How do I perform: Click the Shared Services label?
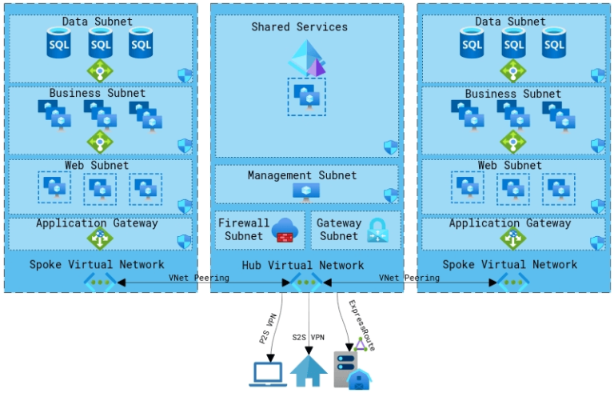[x=300, y=27]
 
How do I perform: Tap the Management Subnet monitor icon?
[x=305, y=191]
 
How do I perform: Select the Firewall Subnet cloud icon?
[x=285, y=230]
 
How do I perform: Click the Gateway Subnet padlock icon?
[x=377, y=230]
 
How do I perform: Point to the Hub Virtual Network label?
[x=303, y=265]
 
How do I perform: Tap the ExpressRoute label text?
[x=361, y=324]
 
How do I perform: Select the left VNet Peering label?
[x=198, y=278]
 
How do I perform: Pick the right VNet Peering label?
[x=409, y=278]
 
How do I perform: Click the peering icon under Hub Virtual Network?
[x=307, y=282]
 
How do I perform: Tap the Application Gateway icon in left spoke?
[x=100, y=239]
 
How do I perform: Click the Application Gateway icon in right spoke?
[x=512, y=239]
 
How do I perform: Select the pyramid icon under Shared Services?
[x=307, y=58]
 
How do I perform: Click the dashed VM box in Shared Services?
[x=306, y=96]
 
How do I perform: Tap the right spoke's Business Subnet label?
[x=512, y=94]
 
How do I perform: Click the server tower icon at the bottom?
[x=345, y=369]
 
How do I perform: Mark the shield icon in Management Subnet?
[x=391, y=195]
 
